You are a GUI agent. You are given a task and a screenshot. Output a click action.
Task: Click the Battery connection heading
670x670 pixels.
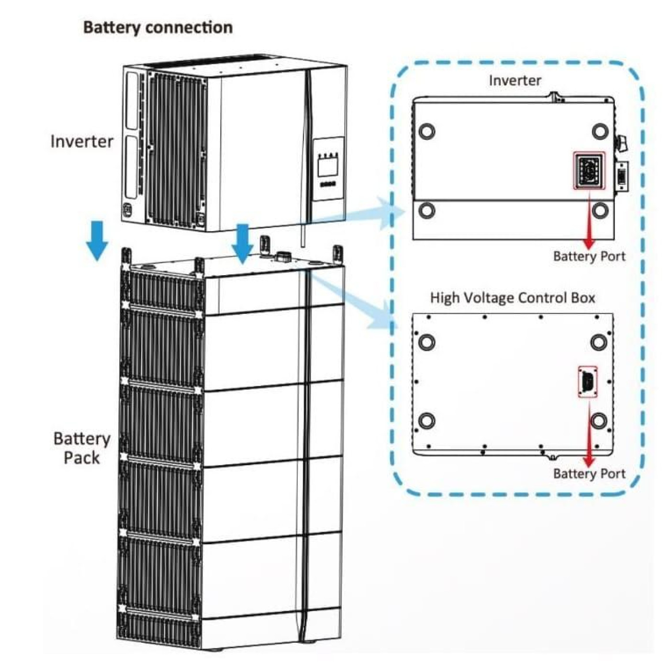[x=158, y=27]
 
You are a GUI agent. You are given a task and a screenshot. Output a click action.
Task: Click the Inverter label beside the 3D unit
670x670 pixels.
[x=82, y=141]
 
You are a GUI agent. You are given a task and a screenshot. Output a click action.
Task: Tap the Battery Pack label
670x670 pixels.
[x=82, y=448]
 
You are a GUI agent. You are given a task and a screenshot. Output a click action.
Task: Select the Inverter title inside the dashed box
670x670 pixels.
[x=515, y=80]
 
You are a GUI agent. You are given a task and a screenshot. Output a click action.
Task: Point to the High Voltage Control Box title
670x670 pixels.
[x=513, y=298]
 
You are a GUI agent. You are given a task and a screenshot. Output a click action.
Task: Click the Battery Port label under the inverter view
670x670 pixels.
[x=589, y=256]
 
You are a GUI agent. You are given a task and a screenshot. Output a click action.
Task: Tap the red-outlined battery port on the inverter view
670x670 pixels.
[x=589, y=170]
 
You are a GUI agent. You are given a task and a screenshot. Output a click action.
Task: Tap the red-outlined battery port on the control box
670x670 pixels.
[x=588, y=381]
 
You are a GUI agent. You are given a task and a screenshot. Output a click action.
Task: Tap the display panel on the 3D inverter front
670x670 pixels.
[x=328, y=168]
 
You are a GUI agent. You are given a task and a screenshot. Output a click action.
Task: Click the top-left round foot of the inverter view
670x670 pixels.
[x=427, y=131]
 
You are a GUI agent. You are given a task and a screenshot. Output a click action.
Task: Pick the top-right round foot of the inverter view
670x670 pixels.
[x=600, y=131]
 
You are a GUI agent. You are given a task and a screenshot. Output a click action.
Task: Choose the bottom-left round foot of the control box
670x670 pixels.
[x=427, y=421]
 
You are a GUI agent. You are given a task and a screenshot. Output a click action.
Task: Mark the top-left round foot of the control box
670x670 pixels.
[x=427, y=342]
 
